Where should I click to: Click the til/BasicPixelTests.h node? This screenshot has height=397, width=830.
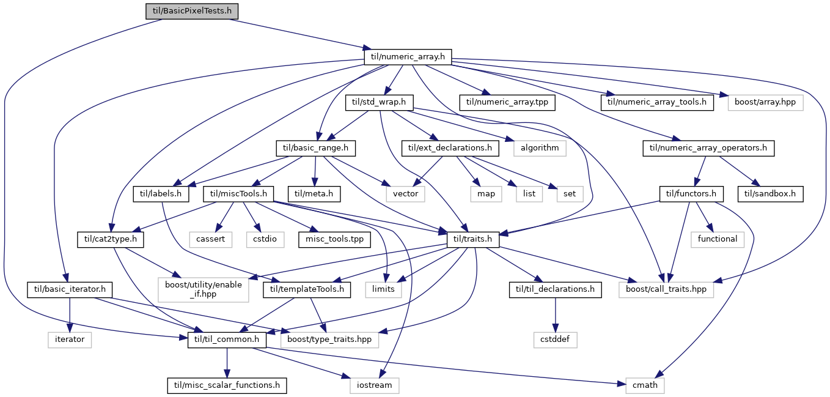191,11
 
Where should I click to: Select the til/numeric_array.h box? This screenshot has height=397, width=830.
408,57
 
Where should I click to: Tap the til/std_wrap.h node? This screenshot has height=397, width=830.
379,102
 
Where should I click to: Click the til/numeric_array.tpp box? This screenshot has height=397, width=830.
507,102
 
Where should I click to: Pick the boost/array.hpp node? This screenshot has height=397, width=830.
766,102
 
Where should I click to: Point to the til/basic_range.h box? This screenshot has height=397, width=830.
316,148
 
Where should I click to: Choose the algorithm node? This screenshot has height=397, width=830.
540,148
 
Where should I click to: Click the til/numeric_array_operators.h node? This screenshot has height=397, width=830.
708,148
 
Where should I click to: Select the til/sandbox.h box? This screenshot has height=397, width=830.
770,194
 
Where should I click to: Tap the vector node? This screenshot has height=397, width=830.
405,194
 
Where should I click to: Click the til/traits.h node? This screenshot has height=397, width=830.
473,239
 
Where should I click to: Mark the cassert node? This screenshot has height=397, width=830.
210,239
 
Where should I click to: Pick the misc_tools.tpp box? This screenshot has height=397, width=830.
334,239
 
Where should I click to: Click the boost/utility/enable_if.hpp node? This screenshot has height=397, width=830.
204,290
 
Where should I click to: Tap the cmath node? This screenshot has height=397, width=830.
645,385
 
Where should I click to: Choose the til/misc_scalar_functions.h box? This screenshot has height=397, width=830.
227,385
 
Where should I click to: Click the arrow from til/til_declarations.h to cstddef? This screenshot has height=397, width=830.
555,315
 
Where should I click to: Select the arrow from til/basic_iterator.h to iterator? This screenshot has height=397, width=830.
69,315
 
